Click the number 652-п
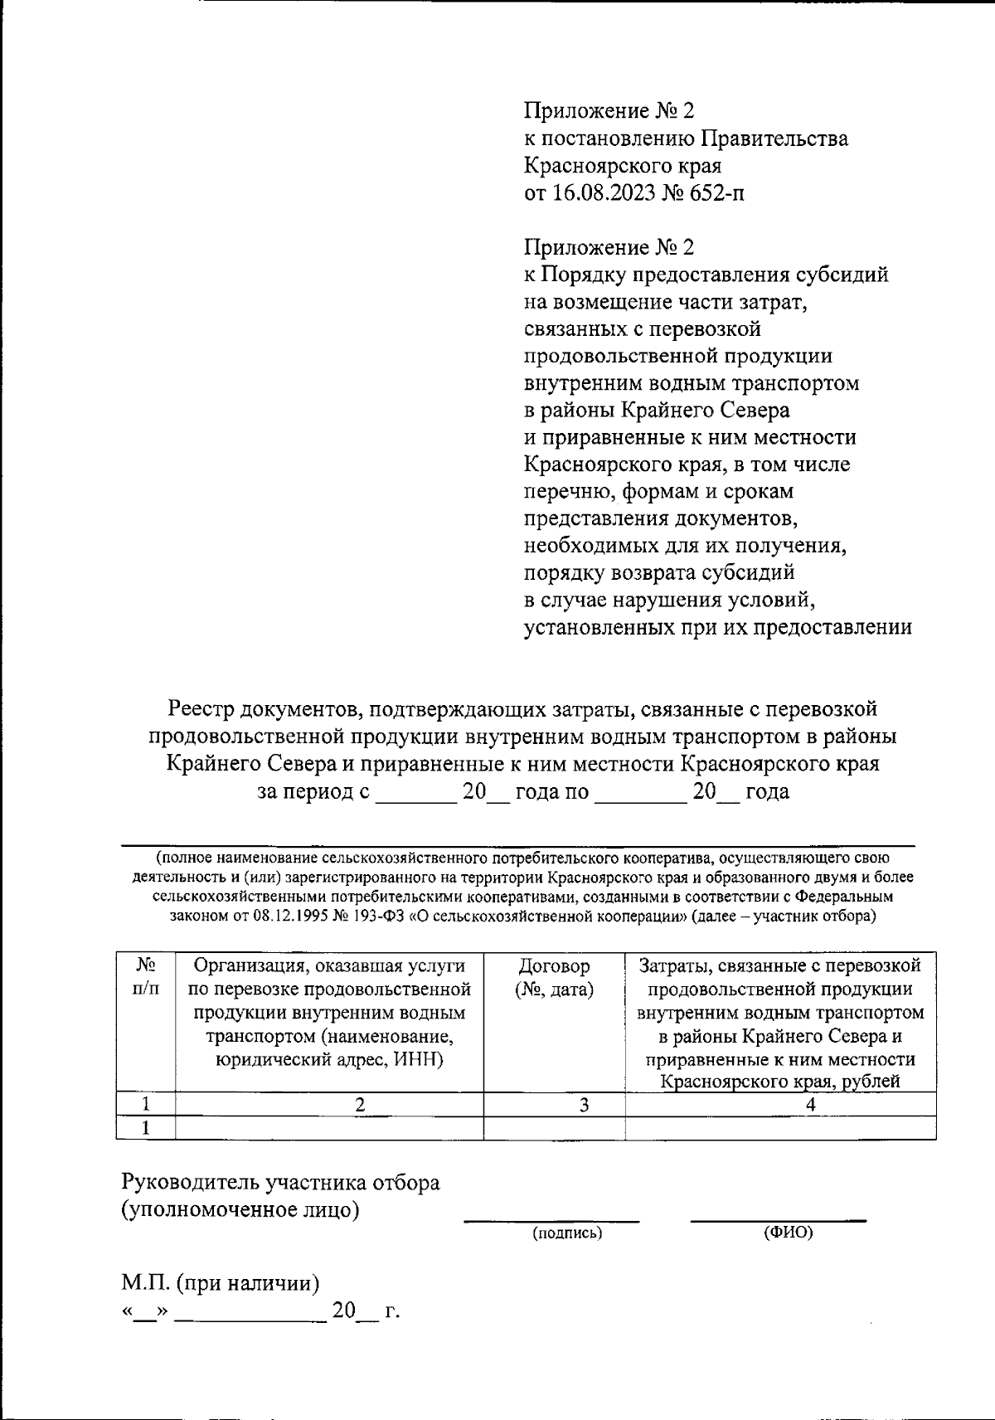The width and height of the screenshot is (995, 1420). (x=715, y=193)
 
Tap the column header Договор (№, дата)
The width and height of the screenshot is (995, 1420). (x=554, y=978)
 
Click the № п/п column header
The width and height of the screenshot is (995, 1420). (x=146, y=978)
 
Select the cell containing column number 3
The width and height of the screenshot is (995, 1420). (x=584, y=1105)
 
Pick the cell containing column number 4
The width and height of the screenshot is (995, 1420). (x=810, y=1105)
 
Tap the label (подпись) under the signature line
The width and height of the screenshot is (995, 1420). (x=567, y=1233)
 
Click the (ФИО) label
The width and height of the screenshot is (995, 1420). (x=788, y=1233)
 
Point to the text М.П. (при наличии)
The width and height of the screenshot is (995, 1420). (x=221, y=1283)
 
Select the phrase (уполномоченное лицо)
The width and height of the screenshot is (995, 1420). (x=240, y=1209)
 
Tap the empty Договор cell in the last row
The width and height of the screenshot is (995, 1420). (x=554, y=1128)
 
